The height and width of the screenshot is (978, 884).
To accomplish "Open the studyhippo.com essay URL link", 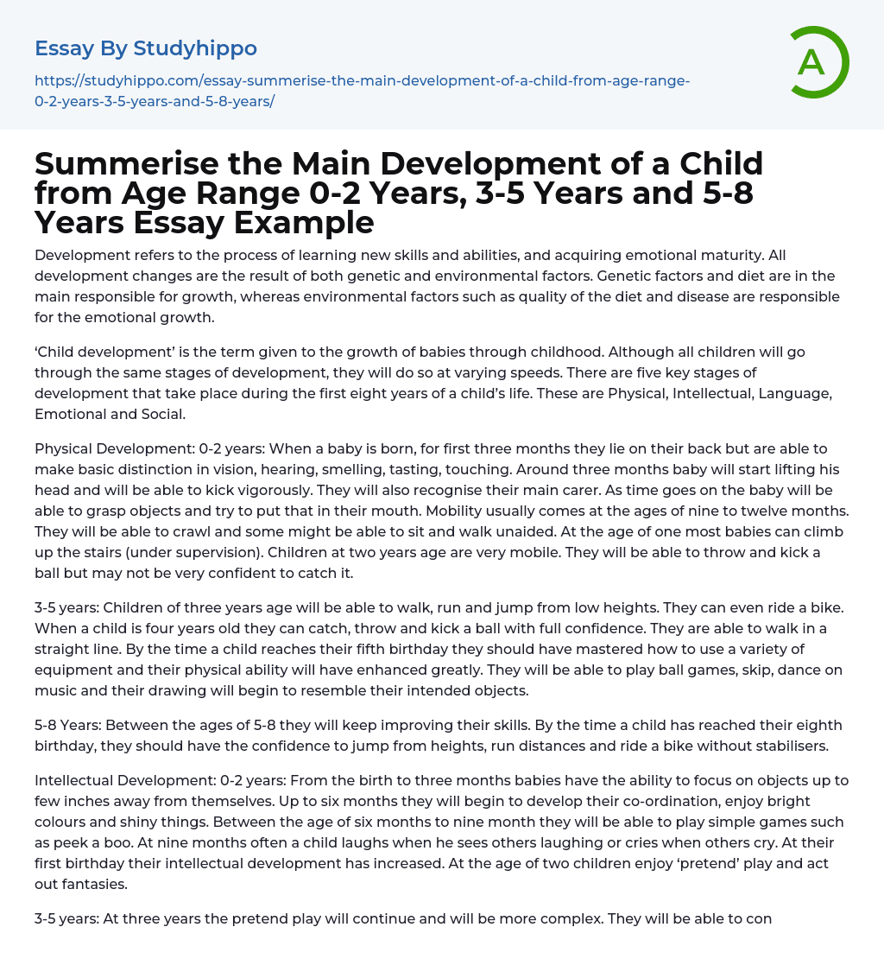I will [362, 91].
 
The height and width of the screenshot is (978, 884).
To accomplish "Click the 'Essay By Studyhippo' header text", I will [146, 48].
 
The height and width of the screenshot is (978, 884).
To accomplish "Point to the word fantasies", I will [98, 884].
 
